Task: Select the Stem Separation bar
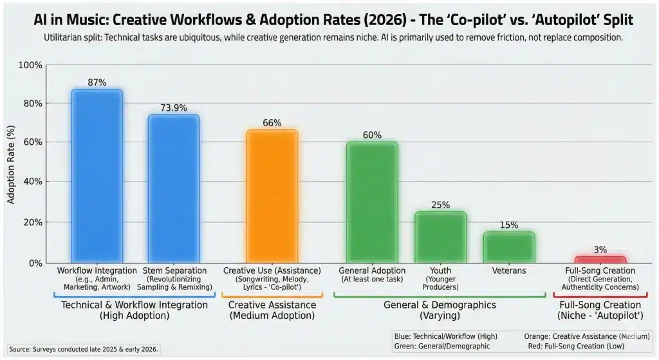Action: click(x=174, y=188)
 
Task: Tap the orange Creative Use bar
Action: click(x=272, y=196)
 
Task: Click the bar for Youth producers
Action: click(x=440, y=236)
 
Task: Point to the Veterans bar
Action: click(x=508, y=246)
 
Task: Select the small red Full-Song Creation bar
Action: click(x=600, y=260)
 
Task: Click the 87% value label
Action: click(x=97, y=83)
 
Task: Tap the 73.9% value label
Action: click(x=174, y=108)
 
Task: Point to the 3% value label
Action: click(x=600, y=250)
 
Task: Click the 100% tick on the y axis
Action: click(x=31, y=65)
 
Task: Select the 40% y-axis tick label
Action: click(x=33, y=182)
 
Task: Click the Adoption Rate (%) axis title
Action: click(x=10, y=164)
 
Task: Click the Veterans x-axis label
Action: click(x=508, y=270)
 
